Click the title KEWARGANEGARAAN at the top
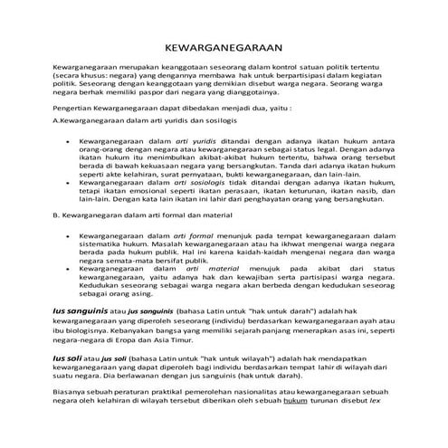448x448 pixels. tap(224, 47)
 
